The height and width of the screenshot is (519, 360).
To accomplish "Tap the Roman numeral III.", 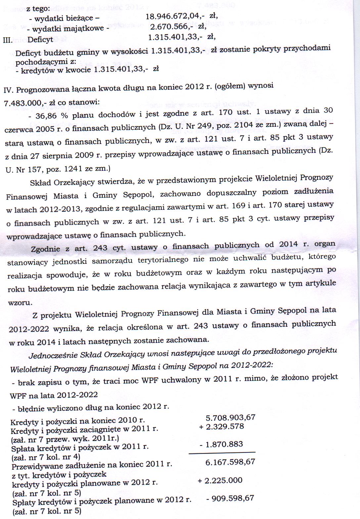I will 7,40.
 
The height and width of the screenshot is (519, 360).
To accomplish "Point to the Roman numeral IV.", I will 9,90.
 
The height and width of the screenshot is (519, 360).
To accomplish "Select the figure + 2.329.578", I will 221,427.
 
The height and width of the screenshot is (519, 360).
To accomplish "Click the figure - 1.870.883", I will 221,444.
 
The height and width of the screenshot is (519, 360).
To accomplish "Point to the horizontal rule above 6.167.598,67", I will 222,452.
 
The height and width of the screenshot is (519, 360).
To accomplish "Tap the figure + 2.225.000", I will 220,480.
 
